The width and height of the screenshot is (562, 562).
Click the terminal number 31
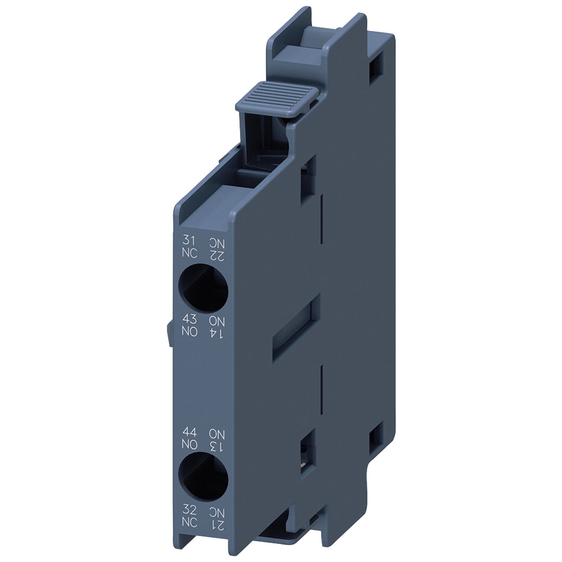click(188, 240)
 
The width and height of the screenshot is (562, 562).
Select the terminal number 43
click(189, 319)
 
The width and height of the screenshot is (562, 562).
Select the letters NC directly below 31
click(189, 253)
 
